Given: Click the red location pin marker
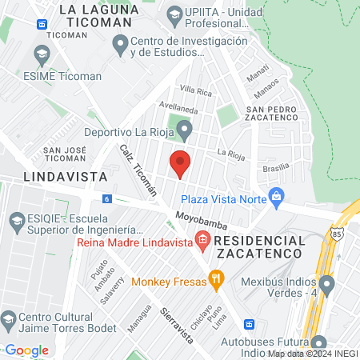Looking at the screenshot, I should click(x=181, y=163).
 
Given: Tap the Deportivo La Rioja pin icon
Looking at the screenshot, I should click(x=184, y=128).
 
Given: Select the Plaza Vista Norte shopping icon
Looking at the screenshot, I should click(x=277, y=195).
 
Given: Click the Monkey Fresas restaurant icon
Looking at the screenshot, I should click(x=215, y=278).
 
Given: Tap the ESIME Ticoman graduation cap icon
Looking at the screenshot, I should click(x=42, y=54).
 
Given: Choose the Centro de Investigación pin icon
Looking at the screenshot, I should click(x=121, y=46).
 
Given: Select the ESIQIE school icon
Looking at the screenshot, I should click(x=12, y=220).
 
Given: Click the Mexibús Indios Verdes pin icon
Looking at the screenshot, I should click(x=326, y=284).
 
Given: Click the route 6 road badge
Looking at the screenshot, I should click(x=106, y=198).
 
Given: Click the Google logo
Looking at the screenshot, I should click(x=27, y=350).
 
